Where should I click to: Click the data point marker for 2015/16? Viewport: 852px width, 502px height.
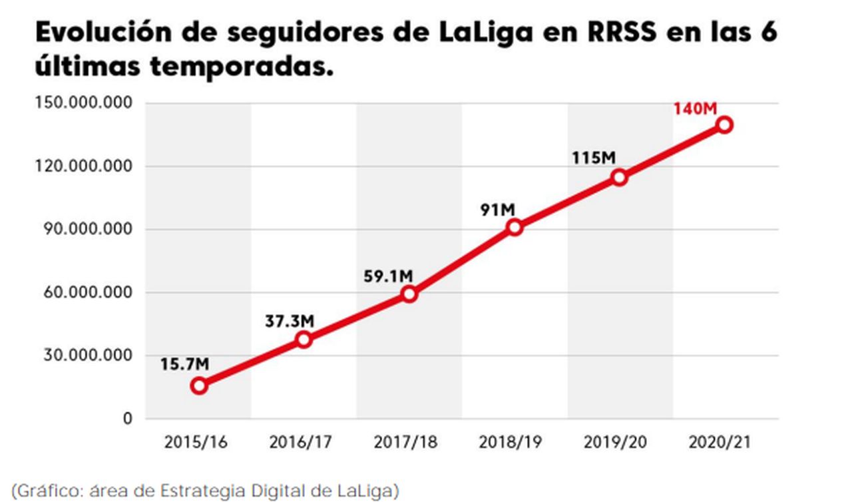click(198, 385)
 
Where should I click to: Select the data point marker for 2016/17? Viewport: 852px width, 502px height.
click(304, 340)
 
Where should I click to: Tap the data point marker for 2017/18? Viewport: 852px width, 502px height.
click(409, 294)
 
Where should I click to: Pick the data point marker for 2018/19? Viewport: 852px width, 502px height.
click(514, 227)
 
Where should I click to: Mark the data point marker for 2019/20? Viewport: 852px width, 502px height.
click(619, 177)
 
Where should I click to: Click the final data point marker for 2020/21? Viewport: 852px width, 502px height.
click(725, 125)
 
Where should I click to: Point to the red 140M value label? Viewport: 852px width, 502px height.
click(696, 107)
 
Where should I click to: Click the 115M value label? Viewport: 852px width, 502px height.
click(594, 159)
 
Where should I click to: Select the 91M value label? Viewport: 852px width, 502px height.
click(498, 210)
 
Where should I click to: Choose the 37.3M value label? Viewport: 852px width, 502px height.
click(290, 321)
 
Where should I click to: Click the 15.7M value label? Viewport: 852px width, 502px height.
click(185, 364)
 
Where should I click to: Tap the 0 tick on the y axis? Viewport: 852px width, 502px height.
click(127, 419)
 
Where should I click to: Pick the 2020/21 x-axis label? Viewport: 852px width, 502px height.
click(719, 442)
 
